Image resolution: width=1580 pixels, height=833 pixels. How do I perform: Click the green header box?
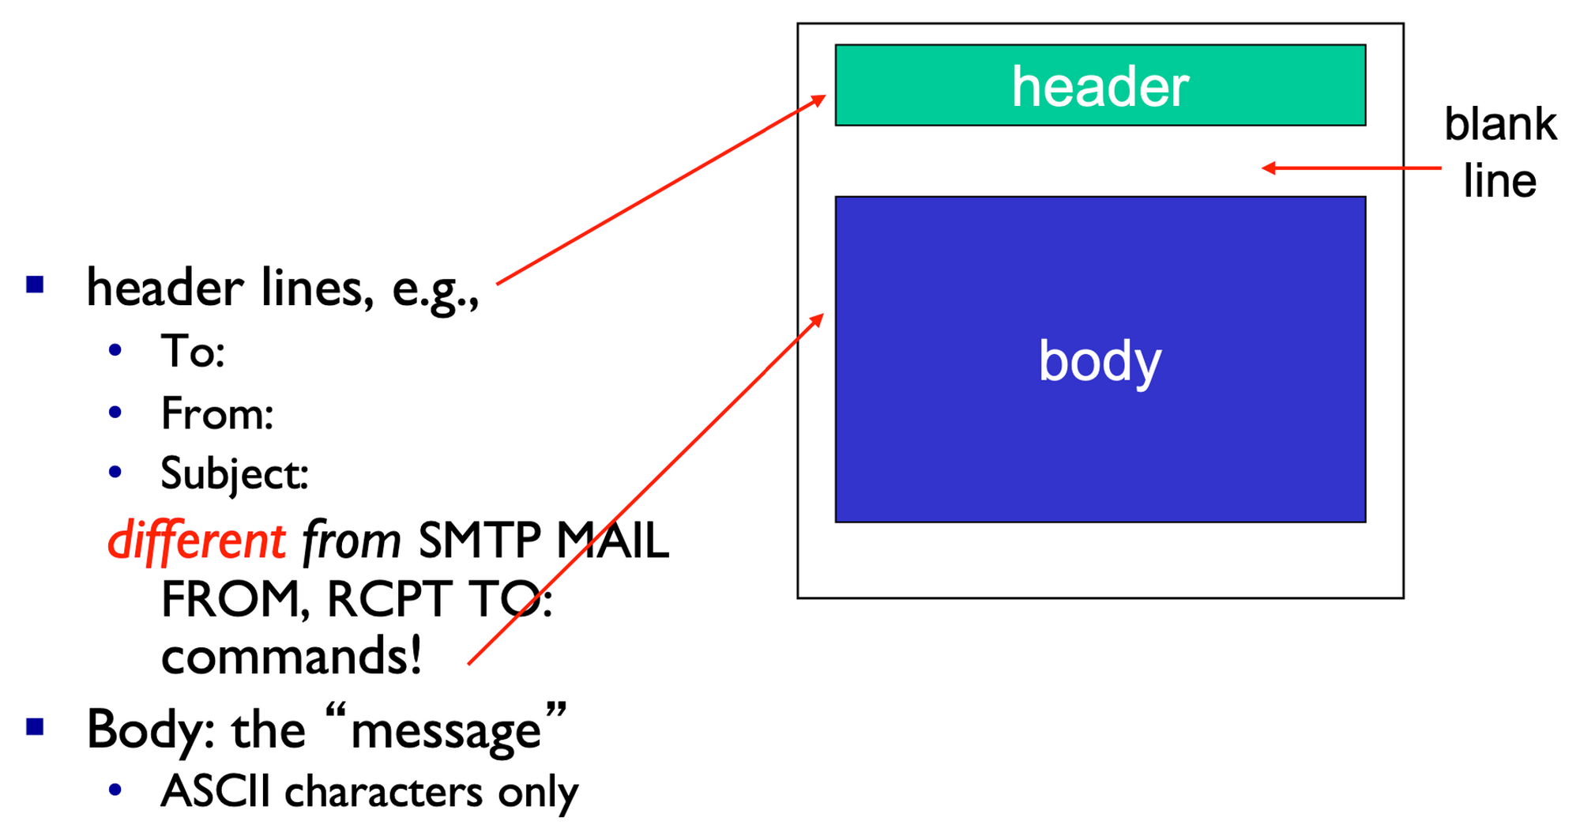pyautogui.click(x=1100, y=85)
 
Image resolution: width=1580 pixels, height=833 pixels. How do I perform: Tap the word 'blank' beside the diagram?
pyautogui.click(x=1499, y=124)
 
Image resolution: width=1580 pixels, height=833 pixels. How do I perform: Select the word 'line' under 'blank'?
pyautogui.click(x=1499, y=181)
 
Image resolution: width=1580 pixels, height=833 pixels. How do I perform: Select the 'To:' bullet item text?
pyautogui.click(x=193, y=351)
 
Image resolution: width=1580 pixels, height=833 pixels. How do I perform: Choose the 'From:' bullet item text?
pyautogui.click(x=216, y=413)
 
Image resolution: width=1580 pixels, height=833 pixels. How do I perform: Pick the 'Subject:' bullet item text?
pyautogui.click(x=234, y=473)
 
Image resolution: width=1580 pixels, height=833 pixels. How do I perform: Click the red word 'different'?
pyautogui.click(x=196, y=541)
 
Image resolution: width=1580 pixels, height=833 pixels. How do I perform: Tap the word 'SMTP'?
pyautogui.click(x=480, y=541)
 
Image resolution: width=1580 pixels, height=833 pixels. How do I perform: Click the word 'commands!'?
pyautogui.click(x=291, y=656)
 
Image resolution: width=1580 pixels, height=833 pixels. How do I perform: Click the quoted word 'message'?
pyautogui.click(x=446, y=729)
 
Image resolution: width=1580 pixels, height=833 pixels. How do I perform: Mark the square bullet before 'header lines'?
pyautogui.click(x=35, y=285)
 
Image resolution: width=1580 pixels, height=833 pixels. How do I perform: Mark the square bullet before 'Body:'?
pyautogui.click(x=35, y=727)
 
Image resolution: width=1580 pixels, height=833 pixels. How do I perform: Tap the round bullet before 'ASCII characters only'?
pyautogui.click(x=116, y=790)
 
